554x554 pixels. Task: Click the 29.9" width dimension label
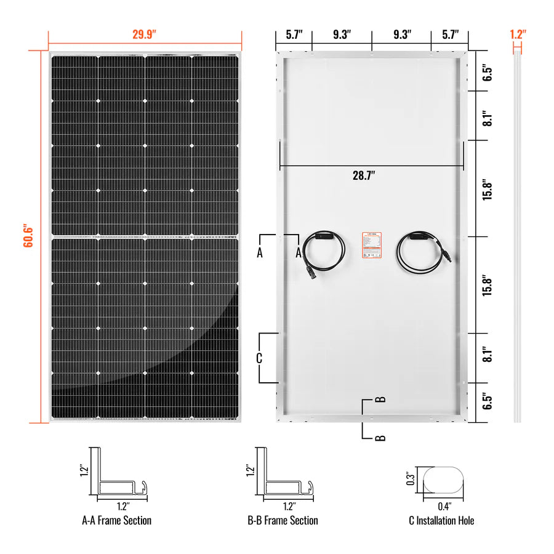[x=145, y=34]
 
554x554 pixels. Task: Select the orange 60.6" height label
[x=28, y=236]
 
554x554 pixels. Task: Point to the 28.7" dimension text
[x=364, y=175]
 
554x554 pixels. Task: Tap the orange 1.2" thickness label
[x=518, y=34]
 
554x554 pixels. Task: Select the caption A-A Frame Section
[x=116, y=521]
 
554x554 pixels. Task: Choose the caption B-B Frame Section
[x=283, y=521]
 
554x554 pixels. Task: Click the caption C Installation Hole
[x=441, y=521]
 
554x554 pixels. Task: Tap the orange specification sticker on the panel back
[x=370, y=247]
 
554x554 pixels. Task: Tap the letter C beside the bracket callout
[x=260, y=358]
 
